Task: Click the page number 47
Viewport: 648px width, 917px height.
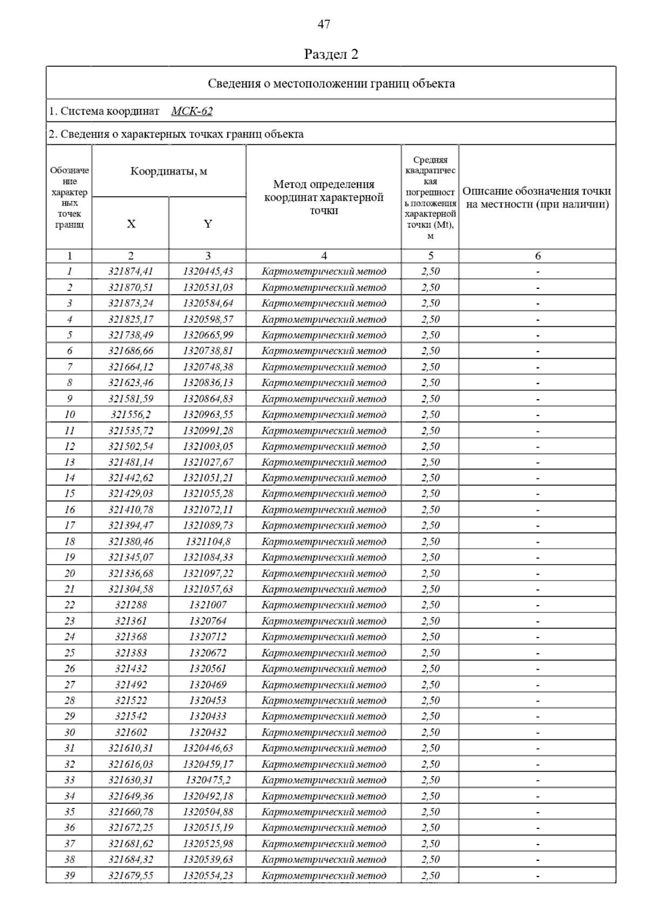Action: pos(323,24)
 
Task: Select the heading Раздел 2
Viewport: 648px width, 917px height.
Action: pos(331,54)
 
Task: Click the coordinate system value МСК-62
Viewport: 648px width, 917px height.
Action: pos(192,111)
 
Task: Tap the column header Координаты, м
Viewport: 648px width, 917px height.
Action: pos(168,172)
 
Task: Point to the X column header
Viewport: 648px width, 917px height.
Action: pos(131,224)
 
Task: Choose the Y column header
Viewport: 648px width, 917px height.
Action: pos(208,224)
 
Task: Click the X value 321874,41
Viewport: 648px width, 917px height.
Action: pos(131,271)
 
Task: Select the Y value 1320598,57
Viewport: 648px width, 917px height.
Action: pos(208,319)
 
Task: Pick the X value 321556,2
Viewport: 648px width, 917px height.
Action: pos(131,414)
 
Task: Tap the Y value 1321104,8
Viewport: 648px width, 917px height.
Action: pos(208,541)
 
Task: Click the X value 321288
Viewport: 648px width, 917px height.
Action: pos(131,605)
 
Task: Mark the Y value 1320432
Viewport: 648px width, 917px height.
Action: pos(208,732)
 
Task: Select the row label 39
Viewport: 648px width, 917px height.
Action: pos(70,875)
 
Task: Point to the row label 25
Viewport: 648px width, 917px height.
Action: pos(70,652)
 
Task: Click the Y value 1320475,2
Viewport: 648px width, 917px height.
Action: pos(208,780)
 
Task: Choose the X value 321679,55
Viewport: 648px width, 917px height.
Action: pos(131,875)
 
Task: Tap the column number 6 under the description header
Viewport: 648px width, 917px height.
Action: pos(537,256)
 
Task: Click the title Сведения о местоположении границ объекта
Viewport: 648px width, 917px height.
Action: pos(331,84)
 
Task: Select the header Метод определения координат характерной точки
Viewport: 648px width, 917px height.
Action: pos(323,197)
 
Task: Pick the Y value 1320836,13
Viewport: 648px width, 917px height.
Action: pos(208,382)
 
